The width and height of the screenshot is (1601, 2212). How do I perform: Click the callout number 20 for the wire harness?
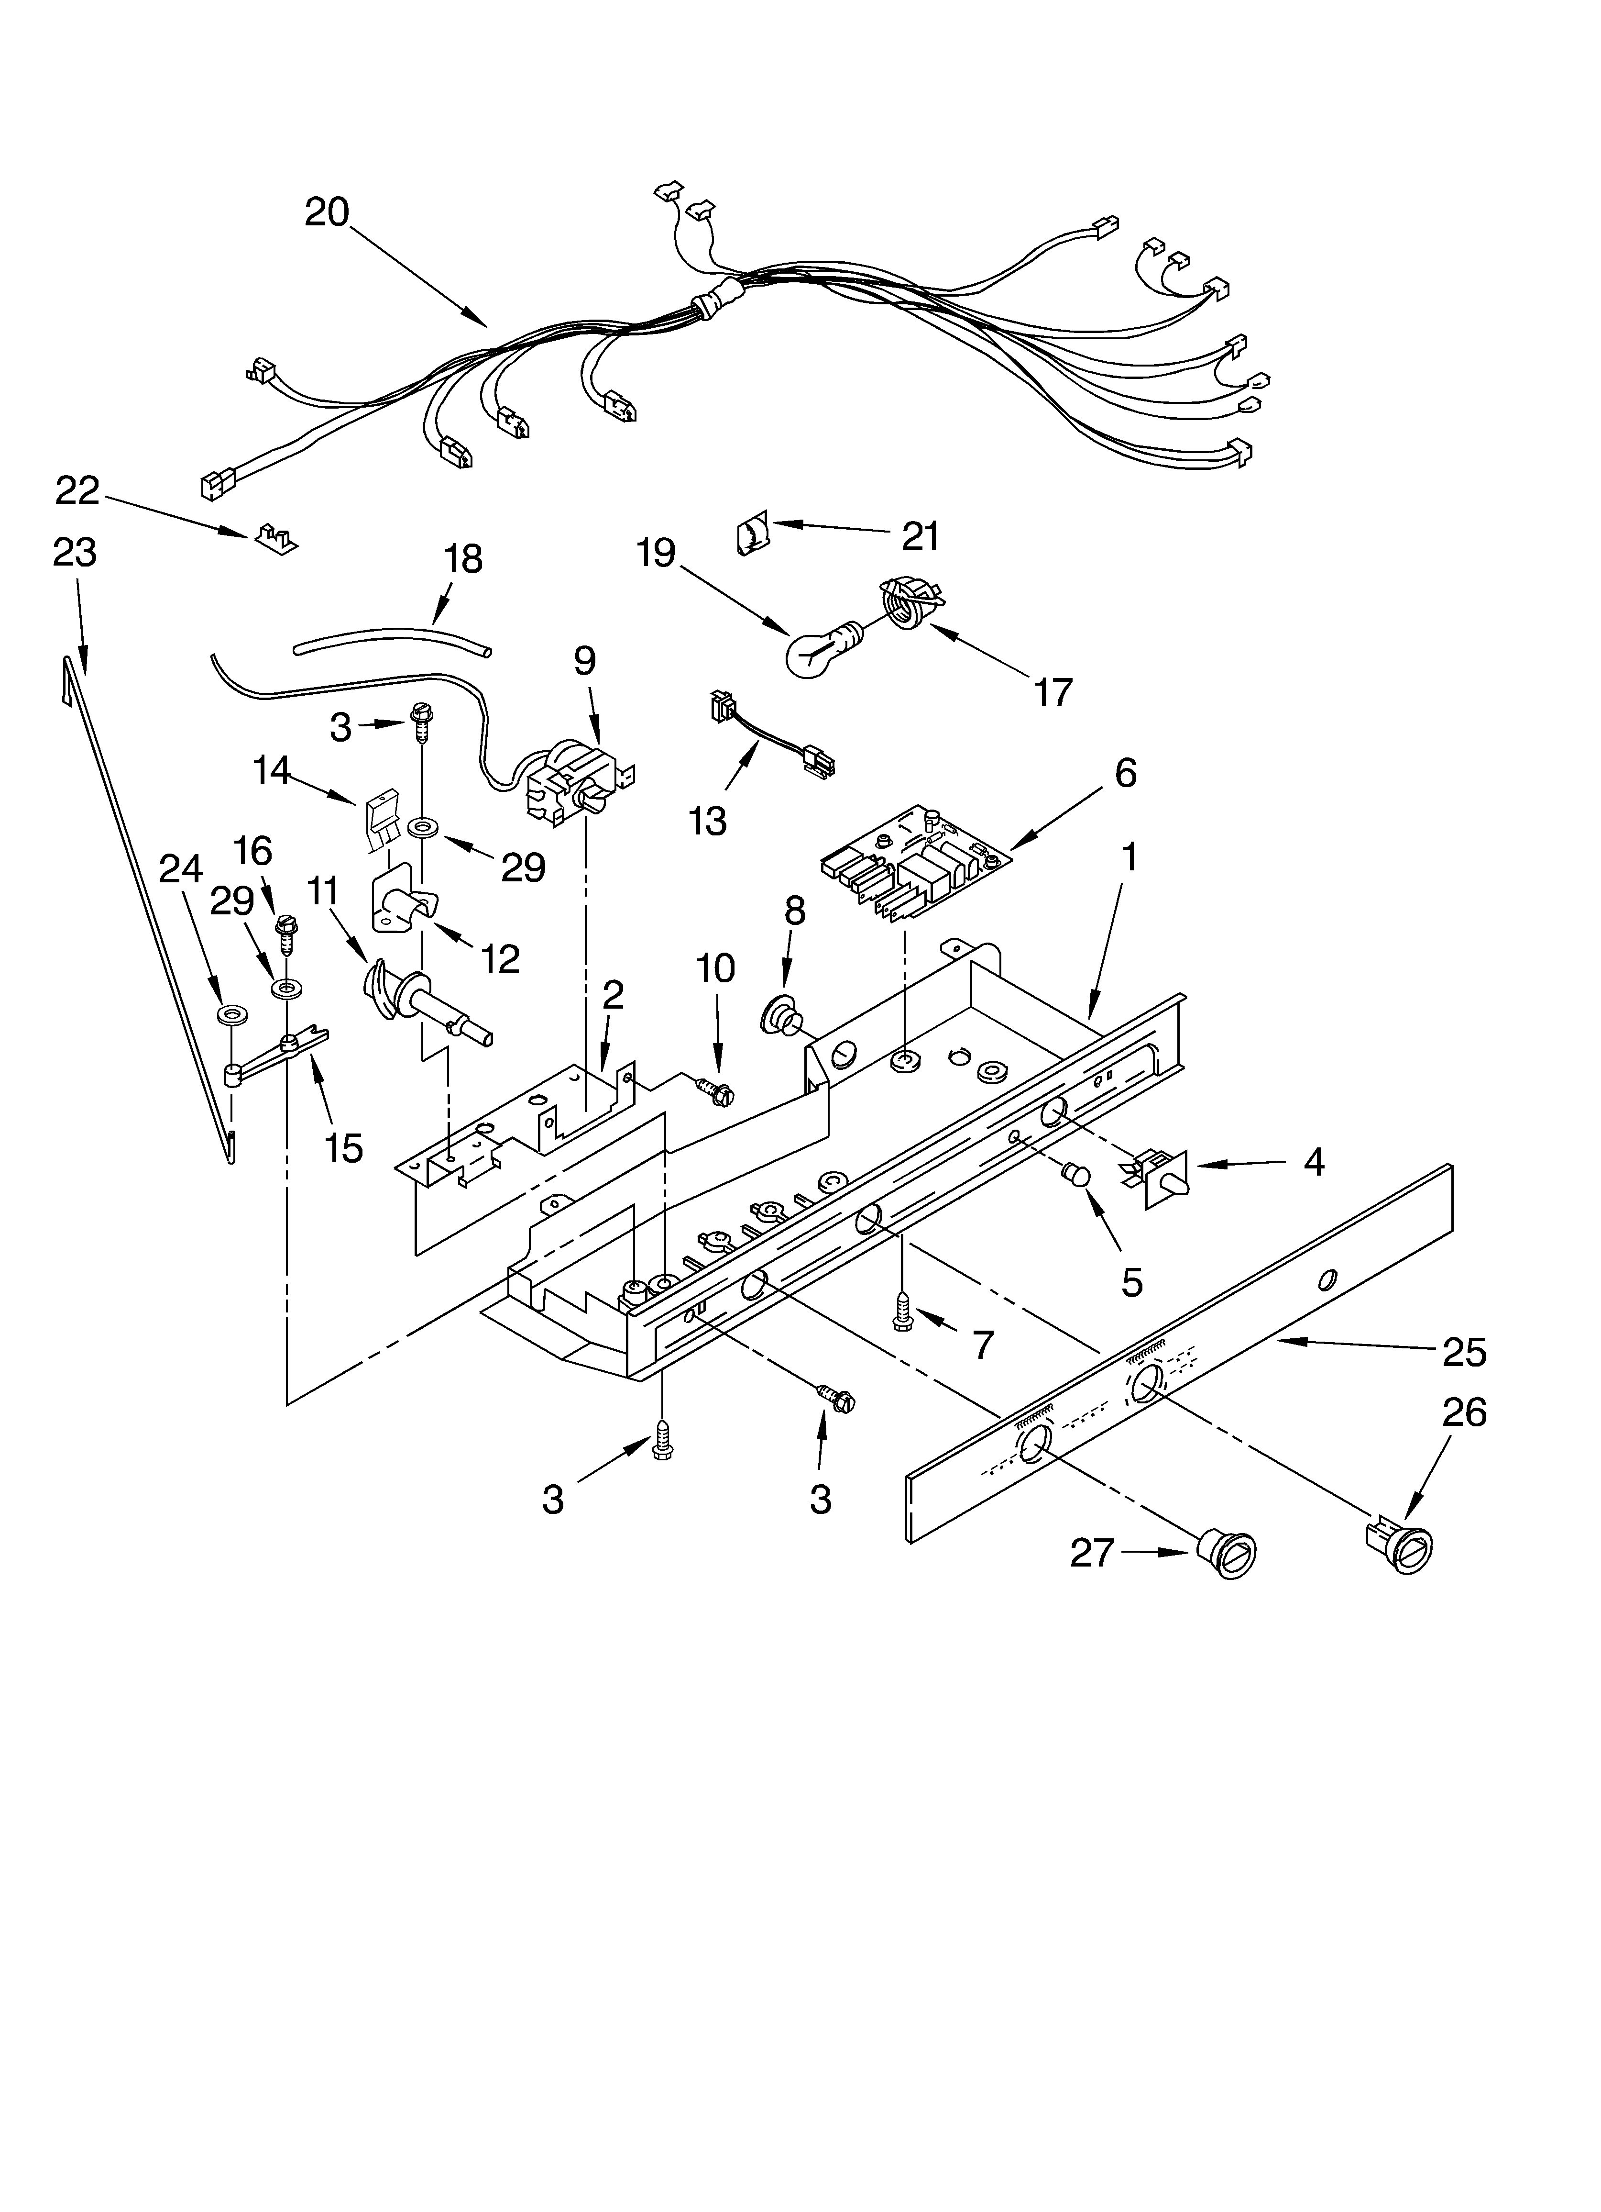coord(327,211)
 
